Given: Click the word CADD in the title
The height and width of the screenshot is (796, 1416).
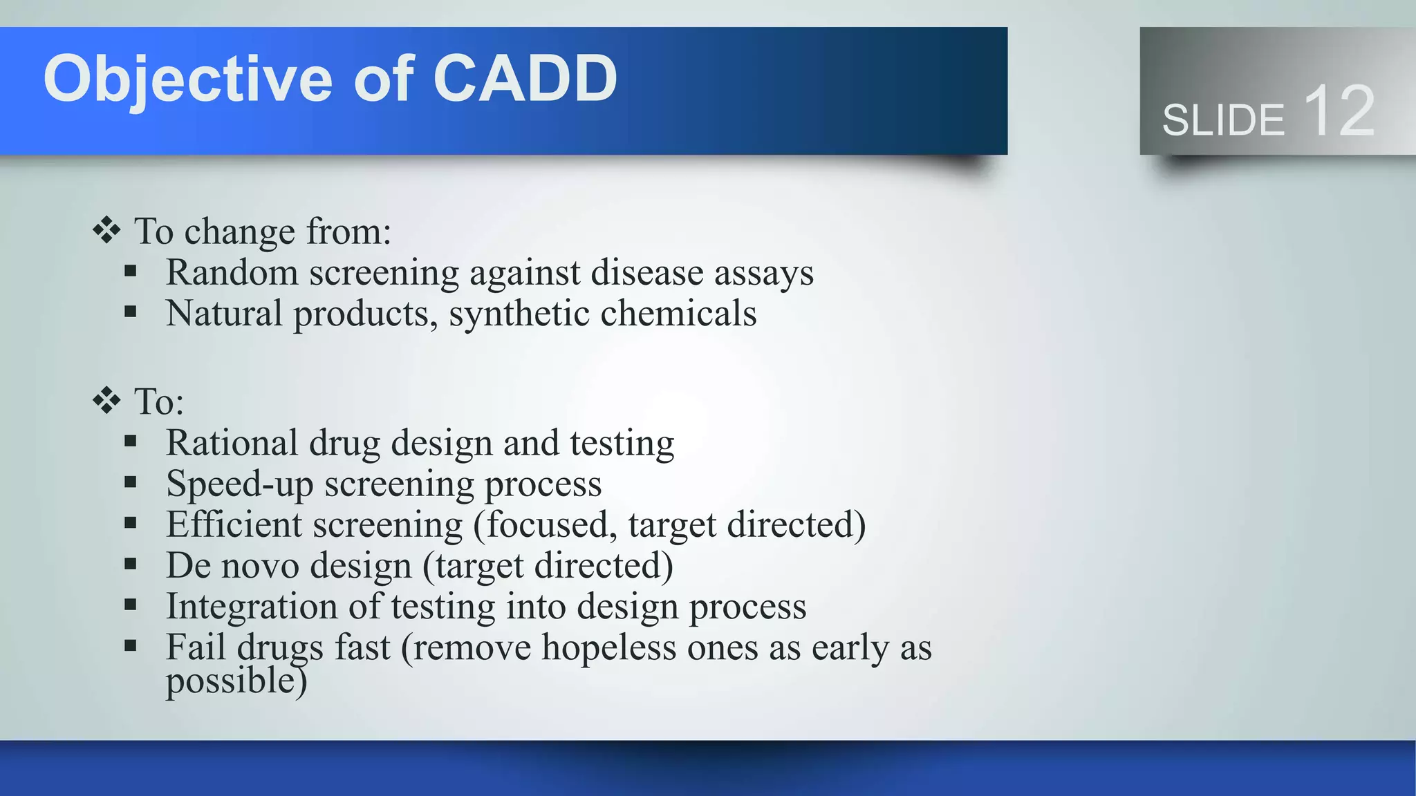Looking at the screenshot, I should tap(525, 78).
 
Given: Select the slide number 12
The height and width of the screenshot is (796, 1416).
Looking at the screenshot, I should tap(1339, 111).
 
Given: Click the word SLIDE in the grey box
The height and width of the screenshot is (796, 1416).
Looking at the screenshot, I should tap(1223, 120).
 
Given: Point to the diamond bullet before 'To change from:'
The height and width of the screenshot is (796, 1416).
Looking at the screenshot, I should tap(106, 230).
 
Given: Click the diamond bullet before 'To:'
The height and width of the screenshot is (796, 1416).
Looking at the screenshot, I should tap(106, 400).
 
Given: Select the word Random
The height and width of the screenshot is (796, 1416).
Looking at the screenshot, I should tap(232, 272).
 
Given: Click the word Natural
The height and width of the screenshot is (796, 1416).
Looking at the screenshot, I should tap(224, 313).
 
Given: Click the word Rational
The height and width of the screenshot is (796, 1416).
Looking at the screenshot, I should tap(232, 442).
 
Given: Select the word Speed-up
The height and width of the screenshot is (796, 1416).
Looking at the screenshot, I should tap(239, 484).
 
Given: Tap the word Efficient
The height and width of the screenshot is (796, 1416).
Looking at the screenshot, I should tap(234, 524).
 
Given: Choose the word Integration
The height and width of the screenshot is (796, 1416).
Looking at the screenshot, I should tap(252, 607).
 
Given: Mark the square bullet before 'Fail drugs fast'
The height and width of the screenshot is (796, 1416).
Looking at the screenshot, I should tap(131, 647).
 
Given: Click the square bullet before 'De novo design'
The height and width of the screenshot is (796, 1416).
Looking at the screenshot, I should tap(131, 565).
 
